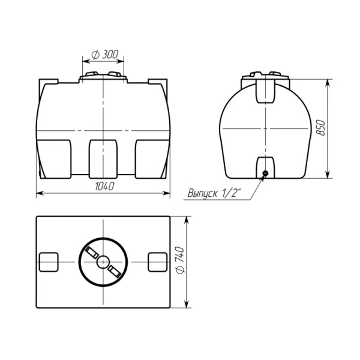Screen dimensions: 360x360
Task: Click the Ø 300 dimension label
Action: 104,55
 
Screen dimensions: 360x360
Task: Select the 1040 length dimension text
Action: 104,187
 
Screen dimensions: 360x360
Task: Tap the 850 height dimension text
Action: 321,128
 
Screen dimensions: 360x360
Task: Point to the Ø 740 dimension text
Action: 179,260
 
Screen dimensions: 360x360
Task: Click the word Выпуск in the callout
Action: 202,193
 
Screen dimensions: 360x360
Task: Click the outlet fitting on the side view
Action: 266,173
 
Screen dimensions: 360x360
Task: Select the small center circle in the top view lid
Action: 103,262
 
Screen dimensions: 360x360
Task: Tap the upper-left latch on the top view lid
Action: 92,253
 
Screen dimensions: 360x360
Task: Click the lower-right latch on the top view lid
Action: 115,271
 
